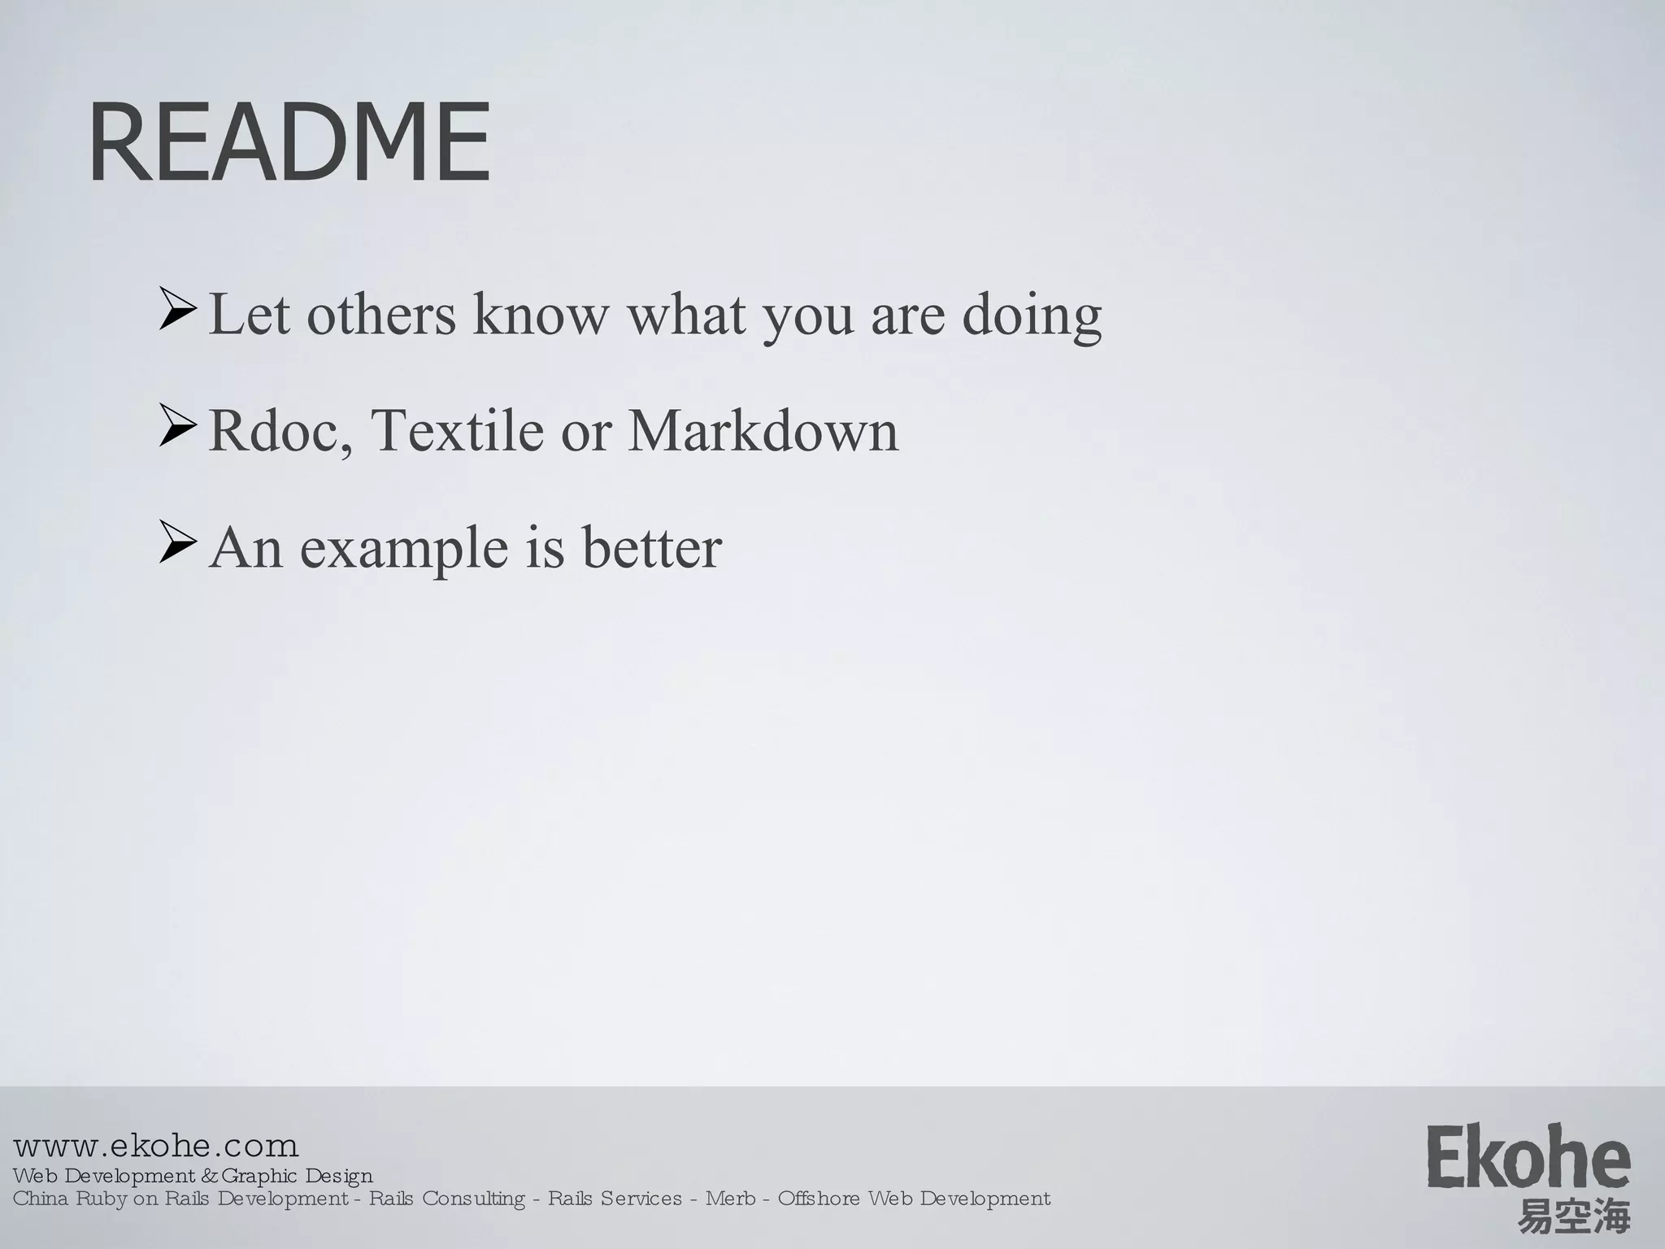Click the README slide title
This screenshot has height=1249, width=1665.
coord(289,143)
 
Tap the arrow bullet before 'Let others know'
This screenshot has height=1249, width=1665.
coord(177,309)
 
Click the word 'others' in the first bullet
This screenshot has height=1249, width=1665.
coord(381,316)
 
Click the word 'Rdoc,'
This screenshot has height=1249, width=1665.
coord(280,431)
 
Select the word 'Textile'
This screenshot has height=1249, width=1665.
coord(457,431)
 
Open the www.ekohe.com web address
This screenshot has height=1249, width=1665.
coord(156,1146)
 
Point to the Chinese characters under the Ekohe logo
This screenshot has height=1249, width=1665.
coord(1574,1218)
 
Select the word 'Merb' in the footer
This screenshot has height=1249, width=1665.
coord(729,1199)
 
